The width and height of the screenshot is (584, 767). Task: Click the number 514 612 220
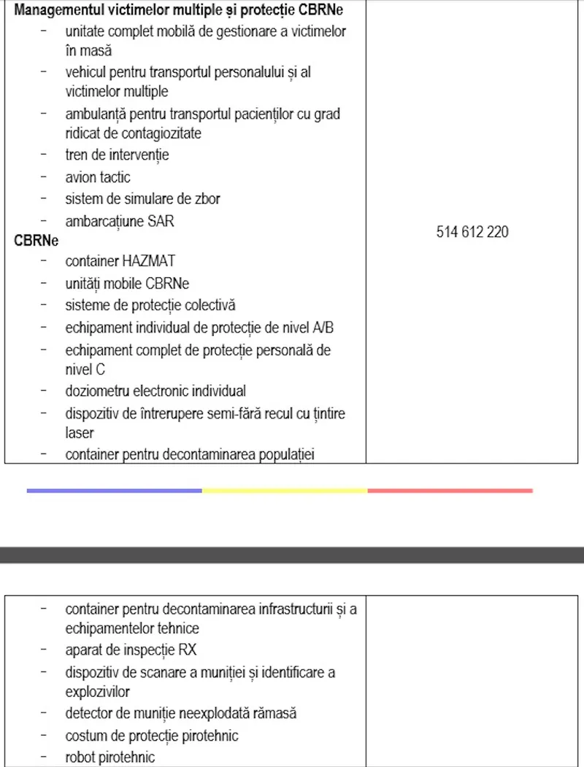click(472, 232)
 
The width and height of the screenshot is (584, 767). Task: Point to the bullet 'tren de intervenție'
click(117, 155)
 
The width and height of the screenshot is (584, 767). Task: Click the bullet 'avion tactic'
click(98, 176)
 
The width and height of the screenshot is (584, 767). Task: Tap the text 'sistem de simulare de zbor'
click(142, 198)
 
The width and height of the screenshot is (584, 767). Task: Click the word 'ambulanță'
click(93, 114)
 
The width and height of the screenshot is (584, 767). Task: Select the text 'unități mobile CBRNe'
click(127, 283)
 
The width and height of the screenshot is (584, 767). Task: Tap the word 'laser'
click(80, 433)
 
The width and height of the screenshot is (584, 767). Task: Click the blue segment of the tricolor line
click(114, 491)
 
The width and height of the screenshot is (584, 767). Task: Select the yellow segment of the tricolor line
click(285, 491)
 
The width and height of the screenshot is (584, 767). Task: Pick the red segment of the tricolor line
click(450, 491)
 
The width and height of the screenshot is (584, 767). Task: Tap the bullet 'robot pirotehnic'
click(110, 757)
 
